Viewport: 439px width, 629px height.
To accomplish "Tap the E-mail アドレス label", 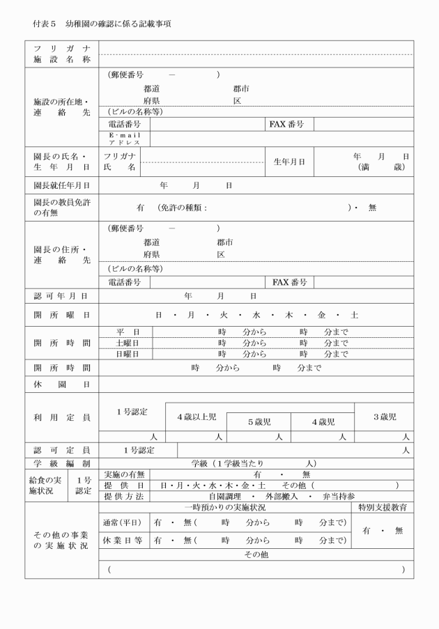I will (124, 139).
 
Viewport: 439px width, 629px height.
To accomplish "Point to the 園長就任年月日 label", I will (61, 187).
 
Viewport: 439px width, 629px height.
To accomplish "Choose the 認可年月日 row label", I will (61, 296).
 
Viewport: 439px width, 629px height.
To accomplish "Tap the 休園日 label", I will (61, 385).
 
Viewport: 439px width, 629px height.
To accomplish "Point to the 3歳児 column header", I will (384, 417).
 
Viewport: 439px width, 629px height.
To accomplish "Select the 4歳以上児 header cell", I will (196, 417).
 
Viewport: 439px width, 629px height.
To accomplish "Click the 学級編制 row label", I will (61, 463).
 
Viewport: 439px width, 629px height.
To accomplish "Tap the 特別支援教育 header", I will (383, 508).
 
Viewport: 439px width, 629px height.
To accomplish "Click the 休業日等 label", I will (123, 541).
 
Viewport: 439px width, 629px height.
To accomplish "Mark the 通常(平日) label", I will (123, 522).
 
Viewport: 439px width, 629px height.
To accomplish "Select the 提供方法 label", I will (123, 497).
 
